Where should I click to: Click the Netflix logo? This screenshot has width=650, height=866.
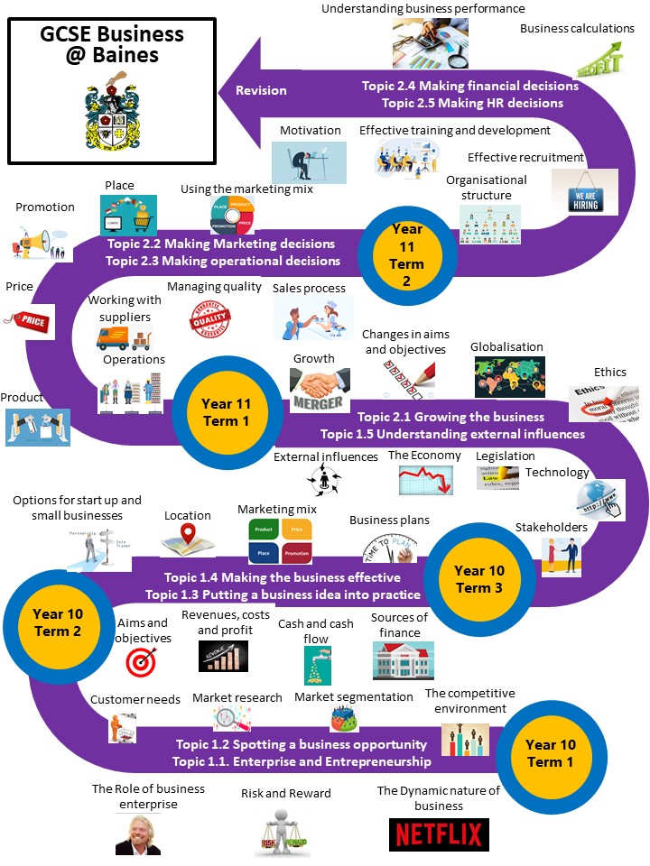439,834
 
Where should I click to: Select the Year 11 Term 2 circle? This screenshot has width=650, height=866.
407,254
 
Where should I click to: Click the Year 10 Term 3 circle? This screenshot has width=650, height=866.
479,579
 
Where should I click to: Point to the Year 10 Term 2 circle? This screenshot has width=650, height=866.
58,622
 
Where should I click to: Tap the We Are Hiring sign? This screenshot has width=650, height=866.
584,192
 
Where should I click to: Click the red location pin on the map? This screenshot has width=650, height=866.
188,538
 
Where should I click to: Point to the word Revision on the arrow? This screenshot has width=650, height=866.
261,90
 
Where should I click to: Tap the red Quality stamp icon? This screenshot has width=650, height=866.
211,318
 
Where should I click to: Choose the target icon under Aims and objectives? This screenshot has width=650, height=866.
141,661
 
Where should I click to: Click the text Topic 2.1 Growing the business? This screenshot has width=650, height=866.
450,417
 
